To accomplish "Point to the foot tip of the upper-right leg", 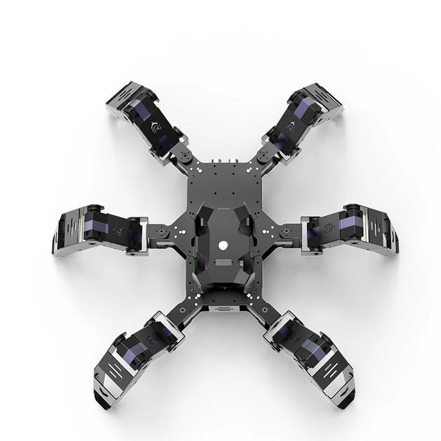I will click(337, 110).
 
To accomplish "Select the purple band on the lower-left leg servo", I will click(132, 347).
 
